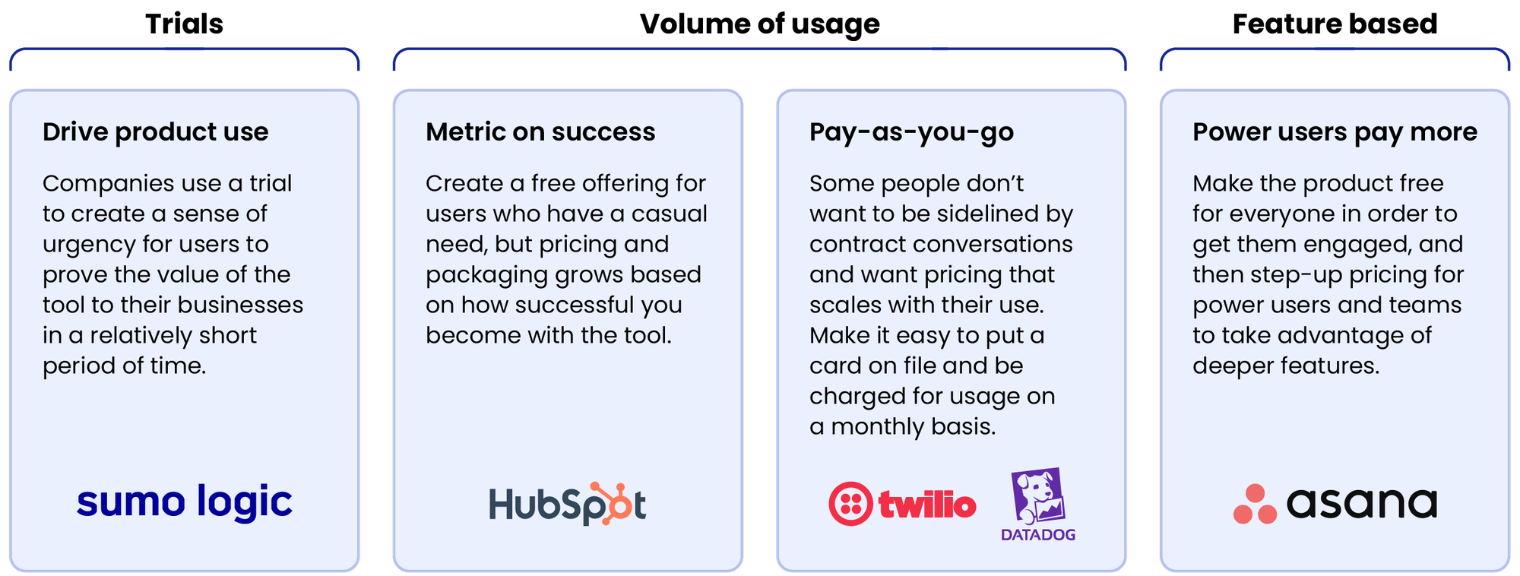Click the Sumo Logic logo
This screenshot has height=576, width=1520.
pos(185,502)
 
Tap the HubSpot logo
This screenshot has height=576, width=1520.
pos(567,504)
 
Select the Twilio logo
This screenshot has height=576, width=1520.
pos(902,504)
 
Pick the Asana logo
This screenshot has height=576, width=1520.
pos(1335,503)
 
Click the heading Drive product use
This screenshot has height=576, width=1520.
pos(155,132)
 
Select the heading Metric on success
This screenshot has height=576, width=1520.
pos(540,132)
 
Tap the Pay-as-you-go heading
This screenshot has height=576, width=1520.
pos(911,132)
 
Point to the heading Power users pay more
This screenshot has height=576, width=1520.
pos(1335,132)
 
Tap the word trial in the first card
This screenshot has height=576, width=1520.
pos(271,183)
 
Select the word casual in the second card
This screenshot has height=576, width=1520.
pos(669,214)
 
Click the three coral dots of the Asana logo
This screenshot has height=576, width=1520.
pos(1255,505)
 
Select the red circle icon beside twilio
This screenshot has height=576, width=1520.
pos(850,504)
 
